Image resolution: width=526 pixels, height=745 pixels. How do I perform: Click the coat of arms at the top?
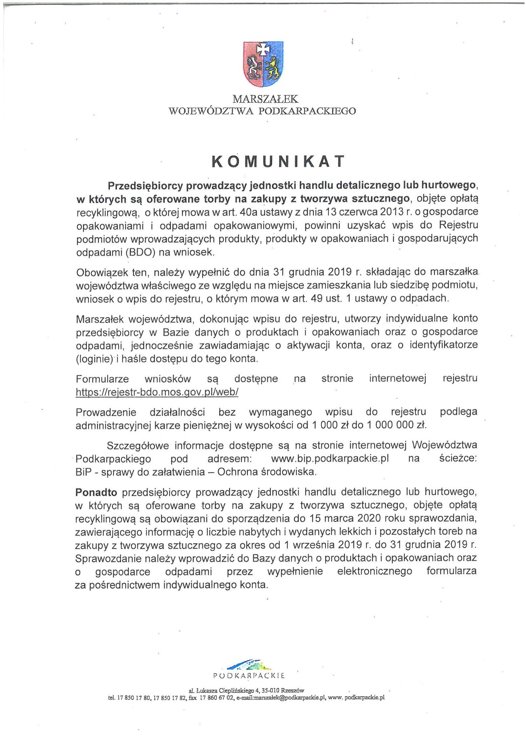click(263, 64)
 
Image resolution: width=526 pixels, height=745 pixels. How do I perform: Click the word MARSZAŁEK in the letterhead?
click(265, 99)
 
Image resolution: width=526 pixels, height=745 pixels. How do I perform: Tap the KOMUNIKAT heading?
click(278, 162)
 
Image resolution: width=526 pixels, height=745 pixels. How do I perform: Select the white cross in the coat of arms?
click(263, 49)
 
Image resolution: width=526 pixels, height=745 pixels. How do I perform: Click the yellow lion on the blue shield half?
click(272, 66)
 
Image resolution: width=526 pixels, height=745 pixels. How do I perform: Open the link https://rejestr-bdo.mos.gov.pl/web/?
click(157, 392)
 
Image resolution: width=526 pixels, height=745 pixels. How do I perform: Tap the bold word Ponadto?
click(96, 492)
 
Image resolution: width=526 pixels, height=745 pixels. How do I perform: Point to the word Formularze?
click(102, 379)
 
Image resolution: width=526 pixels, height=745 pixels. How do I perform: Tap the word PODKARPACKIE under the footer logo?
click(249, 676)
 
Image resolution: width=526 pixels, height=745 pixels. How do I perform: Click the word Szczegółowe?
click(137, 445)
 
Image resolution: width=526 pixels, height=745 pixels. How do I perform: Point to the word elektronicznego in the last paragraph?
click(374, 571)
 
